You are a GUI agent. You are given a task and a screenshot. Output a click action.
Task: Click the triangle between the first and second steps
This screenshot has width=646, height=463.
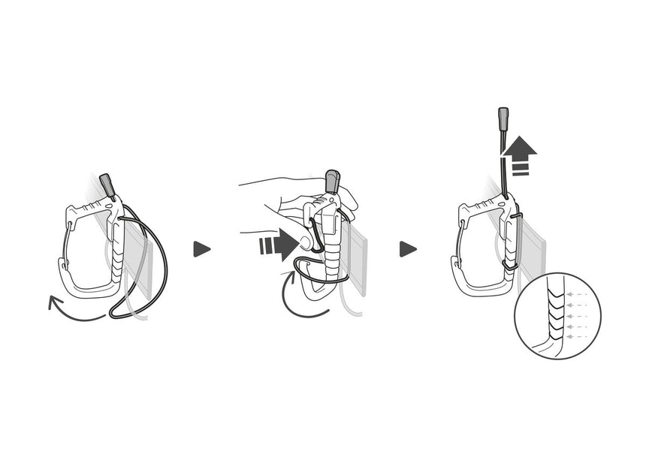(x=201, y=249)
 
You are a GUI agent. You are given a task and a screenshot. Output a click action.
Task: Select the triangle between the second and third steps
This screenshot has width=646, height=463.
(x=407, y=249)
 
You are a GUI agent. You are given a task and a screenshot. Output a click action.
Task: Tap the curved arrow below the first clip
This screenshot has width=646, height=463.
(x=75, y=310)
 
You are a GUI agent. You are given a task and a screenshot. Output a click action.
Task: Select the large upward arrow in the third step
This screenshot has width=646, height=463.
(x=520, y=154)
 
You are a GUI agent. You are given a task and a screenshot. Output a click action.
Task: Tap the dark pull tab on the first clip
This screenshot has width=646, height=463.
(x=107, y=183)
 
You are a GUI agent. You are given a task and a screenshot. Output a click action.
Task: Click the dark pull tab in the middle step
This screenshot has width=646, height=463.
(x=331, y=181)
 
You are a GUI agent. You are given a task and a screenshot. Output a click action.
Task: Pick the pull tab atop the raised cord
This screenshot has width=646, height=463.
(x=503, y=119)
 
